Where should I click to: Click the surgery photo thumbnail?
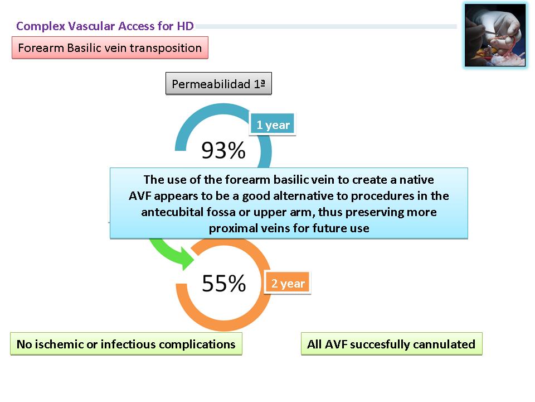coord(495,35)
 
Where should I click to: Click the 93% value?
coord(223,150)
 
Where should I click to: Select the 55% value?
coord(224,283)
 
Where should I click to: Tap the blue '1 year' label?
coord(273,125)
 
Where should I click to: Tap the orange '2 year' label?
coord(288,283)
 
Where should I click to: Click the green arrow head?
coord(186,260)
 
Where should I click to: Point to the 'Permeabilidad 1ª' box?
coord(218,83)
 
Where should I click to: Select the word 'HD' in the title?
coord(185,26)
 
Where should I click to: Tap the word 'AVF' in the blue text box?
coord(140,196)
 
